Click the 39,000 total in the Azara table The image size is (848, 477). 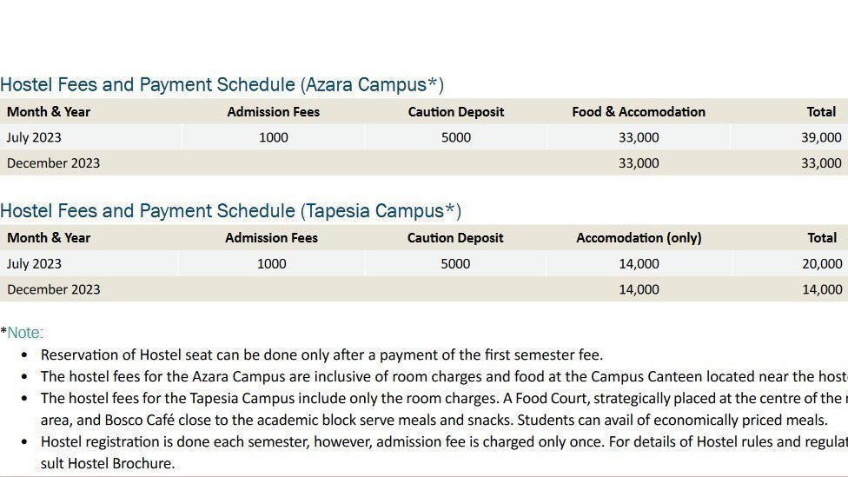[821, 137]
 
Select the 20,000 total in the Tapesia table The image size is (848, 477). [822, 264]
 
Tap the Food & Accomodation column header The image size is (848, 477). [639, 112]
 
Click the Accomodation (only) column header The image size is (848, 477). [639, 238]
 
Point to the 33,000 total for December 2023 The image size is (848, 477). [821, 163]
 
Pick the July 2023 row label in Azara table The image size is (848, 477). [34, 137]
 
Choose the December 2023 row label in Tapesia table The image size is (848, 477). [53, 290]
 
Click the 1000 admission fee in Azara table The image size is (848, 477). [274, 137]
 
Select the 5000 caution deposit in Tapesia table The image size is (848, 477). [455, 264]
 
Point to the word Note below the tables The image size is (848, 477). [24, 333]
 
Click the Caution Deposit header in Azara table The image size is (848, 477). [456, 112]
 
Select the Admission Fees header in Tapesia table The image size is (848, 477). [271, 238]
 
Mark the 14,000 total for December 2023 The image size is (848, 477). [822, 290]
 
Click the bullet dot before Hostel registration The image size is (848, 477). [25, 442]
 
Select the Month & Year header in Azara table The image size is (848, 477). [49, 112]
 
